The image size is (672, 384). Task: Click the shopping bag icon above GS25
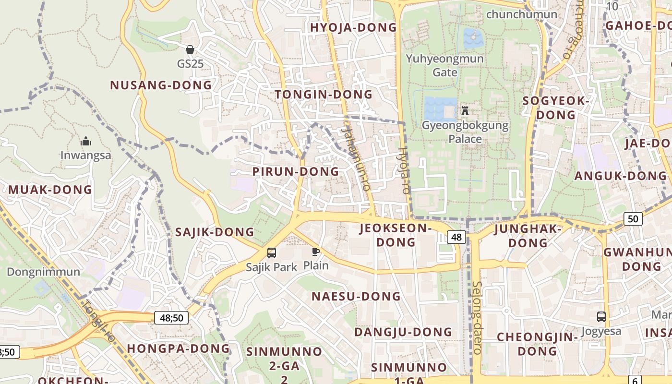click(x=190, y=49)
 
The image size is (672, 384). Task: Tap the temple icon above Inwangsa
click(x=86, y=141)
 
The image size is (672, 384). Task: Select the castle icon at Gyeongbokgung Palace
click(x=465, y=111)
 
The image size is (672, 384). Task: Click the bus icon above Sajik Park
click(x=272, y=252)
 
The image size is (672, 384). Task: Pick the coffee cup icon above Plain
click(x=315, y=252)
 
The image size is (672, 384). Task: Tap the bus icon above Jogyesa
click(x=601, y=317)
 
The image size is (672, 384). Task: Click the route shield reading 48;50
click(x=171, y=318)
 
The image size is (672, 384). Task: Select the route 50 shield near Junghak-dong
click(x=633, y=219)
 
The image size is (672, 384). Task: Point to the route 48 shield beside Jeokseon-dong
click(x=456, y=237)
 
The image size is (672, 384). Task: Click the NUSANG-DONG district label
click(x=161, y=85)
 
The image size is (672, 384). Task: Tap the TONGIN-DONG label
click(x=324, y=95)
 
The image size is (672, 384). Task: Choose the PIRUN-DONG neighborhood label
click(x=296, y=172)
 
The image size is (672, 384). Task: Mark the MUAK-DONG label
click(x=50, y=190)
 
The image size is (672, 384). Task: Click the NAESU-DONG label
click(x=356, y=297)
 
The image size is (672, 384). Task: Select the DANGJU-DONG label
click(x=403, y=332)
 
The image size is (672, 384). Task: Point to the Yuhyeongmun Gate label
click(x=445, y=65)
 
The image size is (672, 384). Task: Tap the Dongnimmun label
click(x=43, y=272)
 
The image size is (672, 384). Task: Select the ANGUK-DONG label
click(x=620, y=176)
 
